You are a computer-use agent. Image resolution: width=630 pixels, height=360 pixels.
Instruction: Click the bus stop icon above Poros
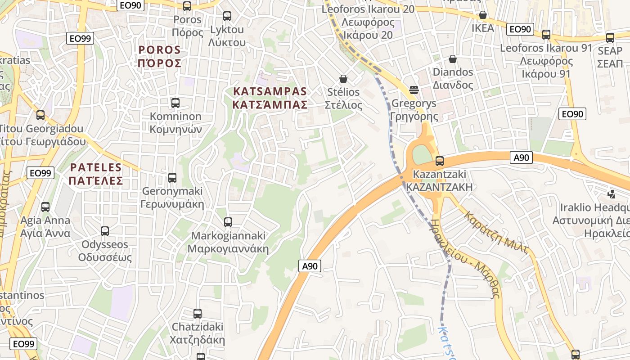[x=187, y=6]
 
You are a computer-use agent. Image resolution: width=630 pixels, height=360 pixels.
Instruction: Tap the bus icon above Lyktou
[x=227, y=16]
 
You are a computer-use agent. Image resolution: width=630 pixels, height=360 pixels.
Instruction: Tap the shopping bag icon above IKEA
[x=483, y=15]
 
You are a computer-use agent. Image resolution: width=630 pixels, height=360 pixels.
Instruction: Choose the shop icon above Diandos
[x=453, y=59]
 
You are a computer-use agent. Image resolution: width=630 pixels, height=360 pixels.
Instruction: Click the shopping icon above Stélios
[x=343, y=79]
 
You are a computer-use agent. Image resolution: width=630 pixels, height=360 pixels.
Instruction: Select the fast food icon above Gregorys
[x=414, y=90]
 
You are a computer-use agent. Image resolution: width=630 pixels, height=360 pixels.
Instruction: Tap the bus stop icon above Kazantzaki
[x=440, y=161]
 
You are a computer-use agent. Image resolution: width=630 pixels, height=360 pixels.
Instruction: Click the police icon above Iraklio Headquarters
[x=611, y=194]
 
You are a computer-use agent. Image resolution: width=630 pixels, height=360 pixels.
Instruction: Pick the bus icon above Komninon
[x=175, y=103]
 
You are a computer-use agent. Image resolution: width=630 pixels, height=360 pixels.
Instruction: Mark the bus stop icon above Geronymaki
[x=172, y=178]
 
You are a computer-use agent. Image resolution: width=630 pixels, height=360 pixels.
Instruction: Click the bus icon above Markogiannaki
[x=228, y=222]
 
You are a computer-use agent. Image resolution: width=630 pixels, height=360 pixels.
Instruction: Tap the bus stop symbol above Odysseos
[x=105, y=231]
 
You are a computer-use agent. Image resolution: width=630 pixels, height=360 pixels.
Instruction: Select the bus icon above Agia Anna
[x=45, y=207]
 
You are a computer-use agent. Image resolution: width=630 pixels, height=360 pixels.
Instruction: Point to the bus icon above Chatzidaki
[x=198, y=314]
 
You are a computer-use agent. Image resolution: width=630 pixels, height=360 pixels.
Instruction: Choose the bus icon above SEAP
[x=610, y=38]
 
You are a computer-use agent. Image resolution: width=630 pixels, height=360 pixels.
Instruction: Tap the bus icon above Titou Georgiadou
[x=40, y=115]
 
